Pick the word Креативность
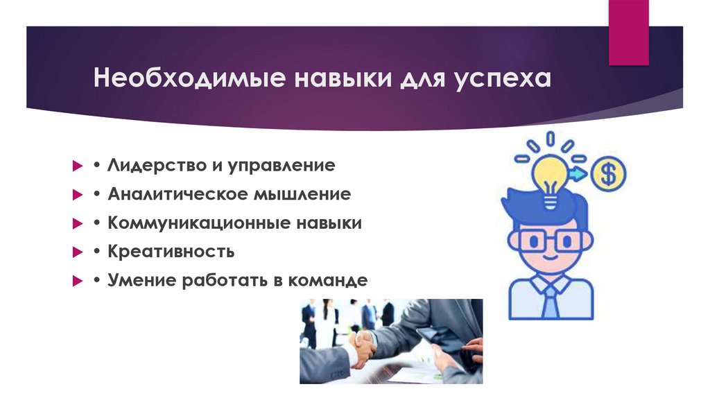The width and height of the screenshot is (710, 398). coord(171,251)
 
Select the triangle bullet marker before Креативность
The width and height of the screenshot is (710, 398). coord(78,252)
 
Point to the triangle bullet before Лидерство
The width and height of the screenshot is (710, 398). coord(78,166)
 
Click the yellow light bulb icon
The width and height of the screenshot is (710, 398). coord(550,177)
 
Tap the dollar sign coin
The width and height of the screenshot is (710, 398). coord(608,173)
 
